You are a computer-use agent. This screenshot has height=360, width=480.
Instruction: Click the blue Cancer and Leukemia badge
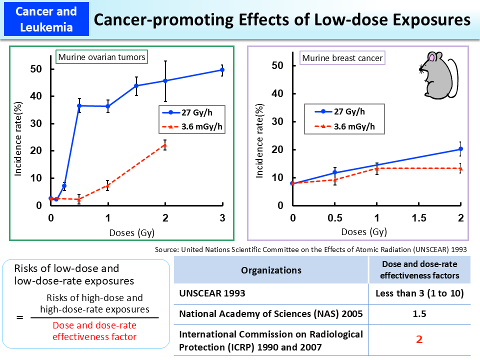pyautogui.click(x=46, y=19)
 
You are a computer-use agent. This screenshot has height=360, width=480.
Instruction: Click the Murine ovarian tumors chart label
pyautogui.click(x=101, y=57)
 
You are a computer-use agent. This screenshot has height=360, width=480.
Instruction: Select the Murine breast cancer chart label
pyautogui.click(x=343, y=58)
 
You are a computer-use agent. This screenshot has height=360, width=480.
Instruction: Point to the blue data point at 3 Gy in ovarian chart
pyautogui.click(x=222, y=70)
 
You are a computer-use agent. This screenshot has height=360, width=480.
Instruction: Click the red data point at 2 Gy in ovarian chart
pyautogui.click(x=165, y=145)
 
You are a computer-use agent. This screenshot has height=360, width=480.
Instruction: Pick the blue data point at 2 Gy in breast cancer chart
pyautogui.click(x=460, y=149)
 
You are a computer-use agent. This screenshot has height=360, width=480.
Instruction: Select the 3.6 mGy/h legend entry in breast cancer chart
pyautogui.click(x=345, y=126)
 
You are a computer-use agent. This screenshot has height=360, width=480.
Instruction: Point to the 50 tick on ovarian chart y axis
pyautogui.click(x=35, y=69)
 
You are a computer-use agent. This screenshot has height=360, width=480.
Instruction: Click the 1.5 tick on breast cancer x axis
pyautogui.click(x=418, y=218)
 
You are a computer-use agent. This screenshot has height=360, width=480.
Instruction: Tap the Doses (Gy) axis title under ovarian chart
pyautogui.click(x=131, y=232)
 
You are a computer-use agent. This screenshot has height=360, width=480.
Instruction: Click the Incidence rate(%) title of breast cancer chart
pyautogui.click(x=260, y=141)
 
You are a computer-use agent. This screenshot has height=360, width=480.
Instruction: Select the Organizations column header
pyautogui.click(x=271, y=270)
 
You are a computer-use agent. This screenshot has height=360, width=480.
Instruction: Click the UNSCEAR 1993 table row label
pyautogui.click(x=212, y=293)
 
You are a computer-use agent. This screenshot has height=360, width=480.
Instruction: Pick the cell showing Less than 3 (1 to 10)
pyautogui.click(x=419, y=293)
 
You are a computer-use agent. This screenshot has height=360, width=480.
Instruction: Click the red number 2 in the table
pyautogui.click(x=419, y=339)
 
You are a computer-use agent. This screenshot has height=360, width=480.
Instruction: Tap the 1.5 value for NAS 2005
pyautogui.click(x=419, y=314)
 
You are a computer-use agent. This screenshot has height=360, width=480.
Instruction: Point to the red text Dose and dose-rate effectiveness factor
pyautogui.click(x=94, y=331)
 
